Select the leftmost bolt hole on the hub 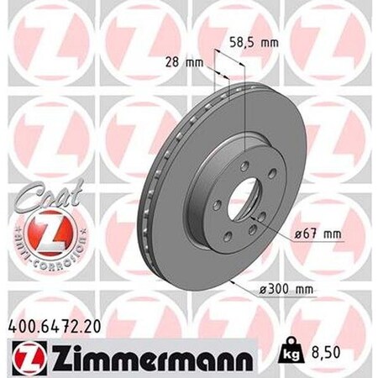[218, 203]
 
